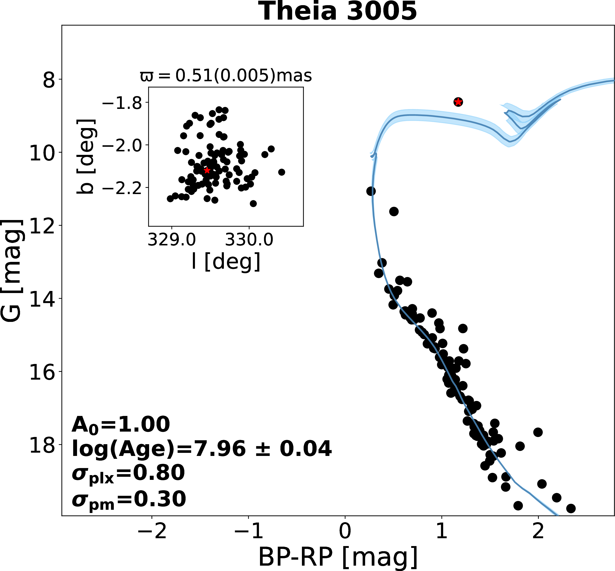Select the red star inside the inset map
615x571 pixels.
[207, 171]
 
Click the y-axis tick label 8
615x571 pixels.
[49, 80]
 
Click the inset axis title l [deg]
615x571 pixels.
[226, 262]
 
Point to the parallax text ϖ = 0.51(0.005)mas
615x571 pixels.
[226, 75]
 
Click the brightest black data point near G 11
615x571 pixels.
[371, 191]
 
